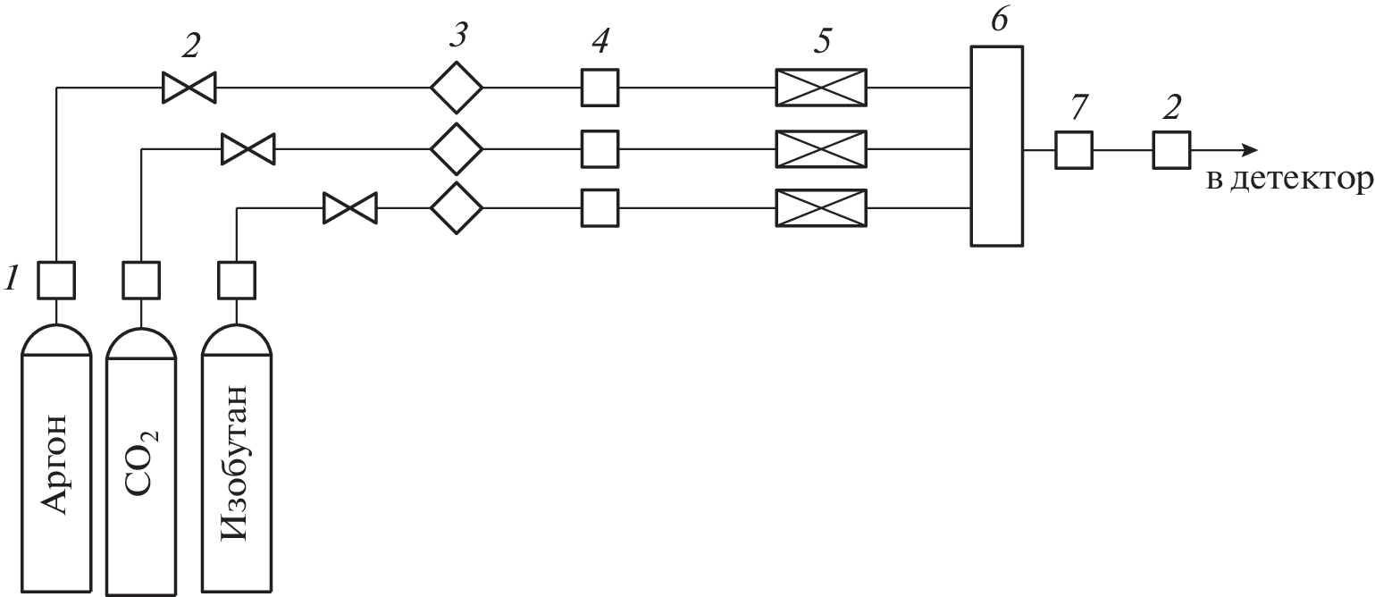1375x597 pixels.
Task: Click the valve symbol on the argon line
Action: click(189, 88)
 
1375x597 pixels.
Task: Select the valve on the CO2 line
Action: click(248, 148)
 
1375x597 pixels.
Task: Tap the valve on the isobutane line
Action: click(349, 208)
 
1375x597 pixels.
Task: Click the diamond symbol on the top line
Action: click(457, 88)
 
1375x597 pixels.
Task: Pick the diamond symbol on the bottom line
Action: click(457, 208)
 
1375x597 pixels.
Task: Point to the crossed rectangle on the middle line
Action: click(821, 148)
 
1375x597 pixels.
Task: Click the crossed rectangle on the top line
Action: click(821, 88)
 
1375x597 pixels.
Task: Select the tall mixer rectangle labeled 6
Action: click(996, 147)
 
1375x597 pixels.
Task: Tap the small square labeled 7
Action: click(1073, 149)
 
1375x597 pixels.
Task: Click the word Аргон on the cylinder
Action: click(54, 463)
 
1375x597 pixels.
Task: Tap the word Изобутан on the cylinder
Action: click(234, 463)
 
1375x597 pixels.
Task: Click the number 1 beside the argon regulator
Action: click(12, 280)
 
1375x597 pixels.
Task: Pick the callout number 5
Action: click(821, 43)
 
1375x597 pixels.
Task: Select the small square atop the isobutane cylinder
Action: click(237, 280)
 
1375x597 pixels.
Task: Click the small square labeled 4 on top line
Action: click(599, 88)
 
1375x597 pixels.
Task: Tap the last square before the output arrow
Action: click(1170, 149)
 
